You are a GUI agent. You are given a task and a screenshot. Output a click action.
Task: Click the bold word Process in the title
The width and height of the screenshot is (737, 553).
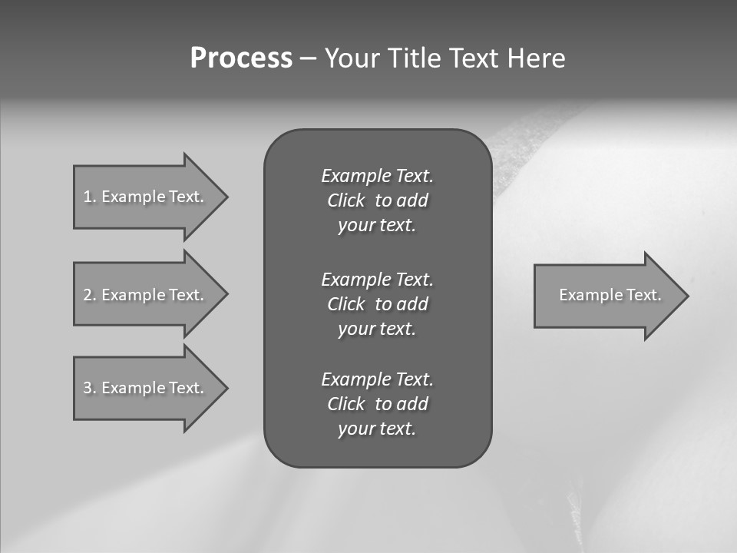(x=241, y=58)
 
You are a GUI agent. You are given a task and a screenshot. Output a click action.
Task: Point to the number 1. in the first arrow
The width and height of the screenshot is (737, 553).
(x=90, y=197)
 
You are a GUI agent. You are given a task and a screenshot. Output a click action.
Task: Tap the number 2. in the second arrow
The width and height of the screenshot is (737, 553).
(x=90, y=295)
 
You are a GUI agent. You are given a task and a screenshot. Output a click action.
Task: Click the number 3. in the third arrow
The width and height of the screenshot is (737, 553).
(x=90, y=388)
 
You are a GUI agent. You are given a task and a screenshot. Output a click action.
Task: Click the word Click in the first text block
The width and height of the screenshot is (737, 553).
(x=345, y=200)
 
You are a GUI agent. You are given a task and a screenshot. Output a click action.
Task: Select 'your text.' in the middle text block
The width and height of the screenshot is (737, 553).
(x=377, y=329)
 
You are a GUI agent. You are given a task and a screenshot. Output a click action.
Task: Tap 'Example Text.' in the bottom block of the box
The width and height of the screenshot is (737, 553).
(x=377, y=379)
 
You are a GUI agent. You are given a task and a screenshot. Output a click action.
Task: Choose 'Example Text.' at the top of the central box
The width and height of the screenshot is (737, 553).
(x=377, y=176)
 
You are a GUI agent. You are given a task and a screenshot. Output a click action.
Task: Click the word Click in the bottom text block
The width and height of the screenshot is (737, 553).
(x=345, y=404)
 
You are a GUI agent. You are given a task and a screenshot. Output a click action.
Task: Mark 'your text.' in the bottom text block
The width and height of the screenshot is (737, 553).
(x=377, y=429)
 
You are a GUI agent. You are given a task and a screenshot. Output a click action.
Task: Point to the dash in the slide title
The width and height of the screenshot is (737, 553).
(x=308, y=58)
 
